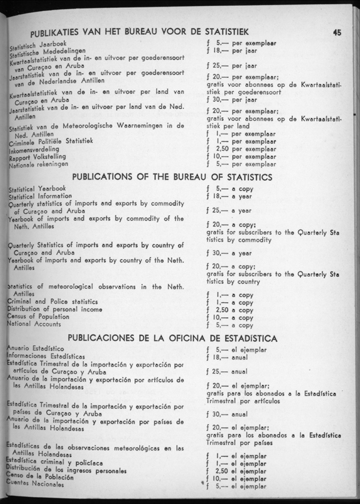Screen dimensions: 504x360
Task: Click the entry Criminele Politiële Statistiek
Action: click(x=51, y=141)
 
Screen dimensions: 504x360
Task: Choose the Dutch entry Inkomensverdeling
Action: click(x=35, y=150)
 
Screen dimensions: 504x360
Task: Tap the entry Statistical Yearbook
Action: click(x=36, y=188)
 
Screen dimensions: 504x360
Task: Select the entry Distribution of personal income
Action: click(x=54, y=309)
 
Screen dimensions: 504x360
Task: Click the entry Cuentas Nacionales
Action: click(x=35, y=485)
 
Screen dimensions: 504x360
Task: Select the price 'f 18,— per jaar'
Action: click(x=232, y=51)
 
